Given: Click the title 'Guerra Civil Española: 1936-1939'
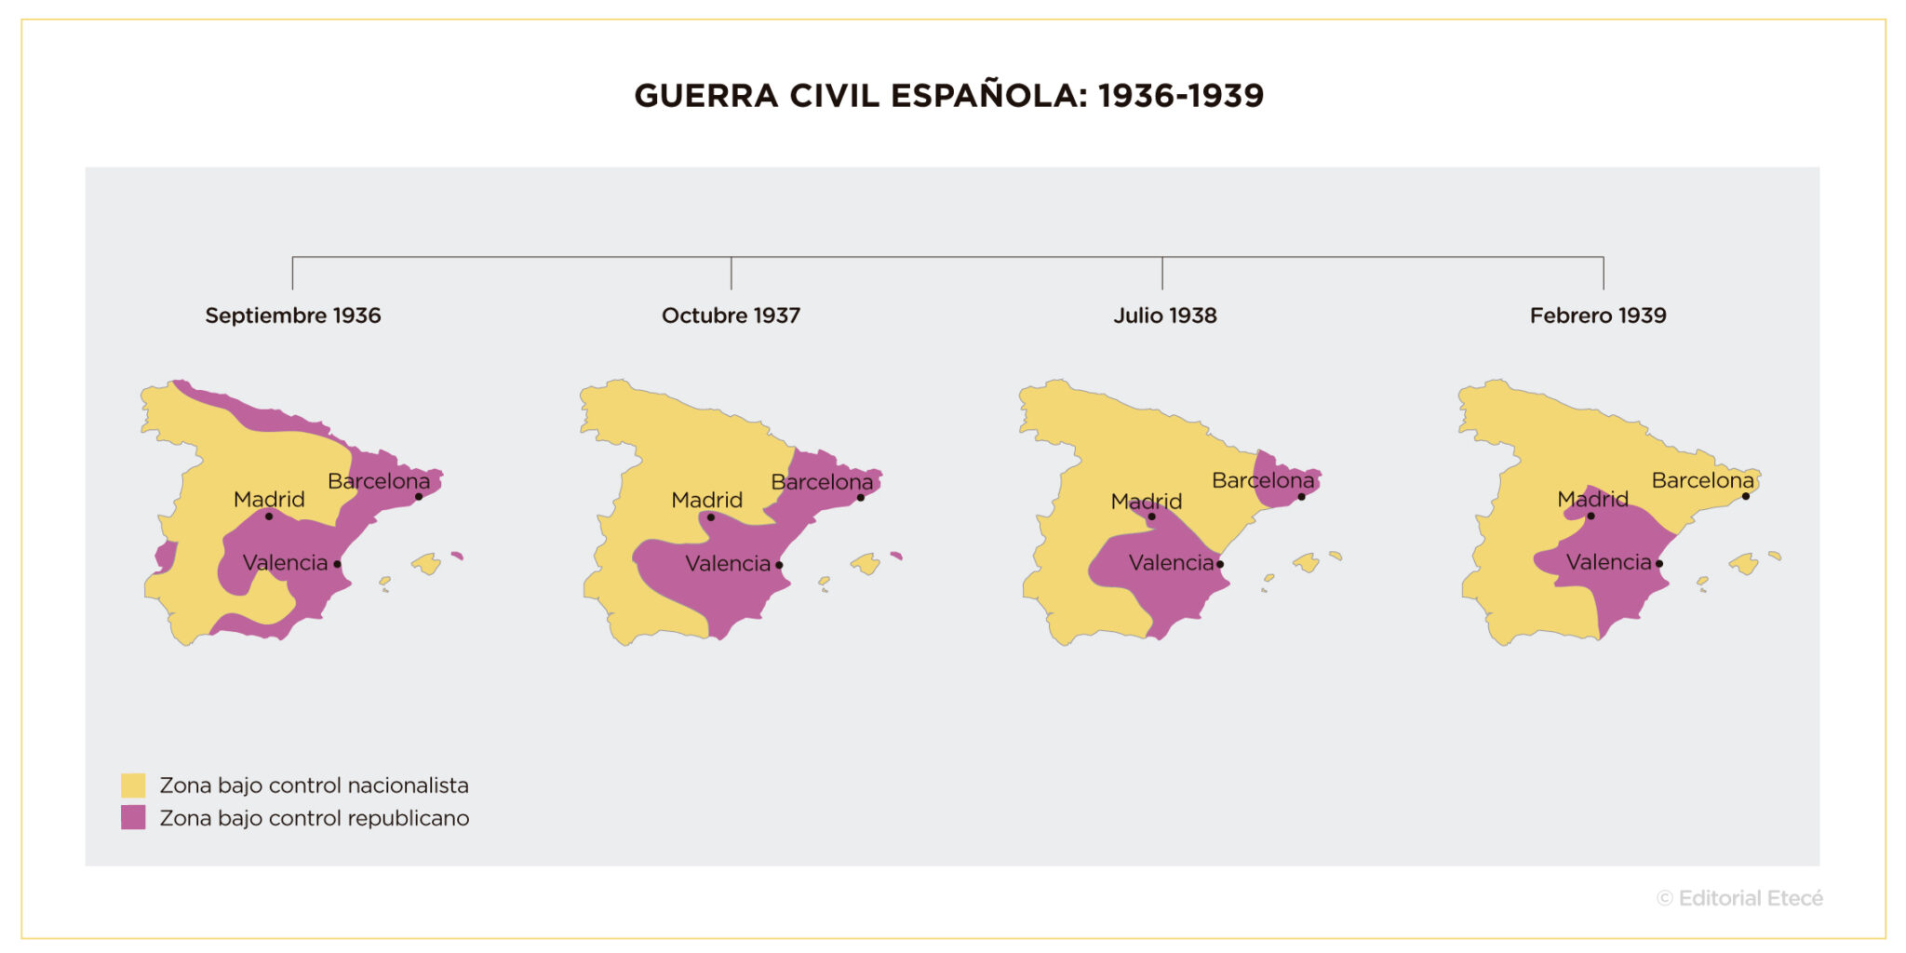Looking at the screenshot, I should [x=948, y=96].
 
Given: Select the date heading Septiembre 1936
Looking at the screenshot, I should [x=293, y=315].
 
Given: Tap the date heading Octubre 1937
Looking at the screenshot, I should [x=731, y=315].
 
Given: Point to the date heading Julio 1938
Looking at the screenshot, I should [x=1165, y=315].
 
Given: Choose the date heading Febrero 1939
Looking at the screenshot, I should [x=1598, y=315].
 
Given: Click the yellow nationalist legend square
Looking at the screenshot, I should [x=133, y=785].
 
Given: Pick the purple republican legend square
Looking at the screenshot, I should [x=133, y=818].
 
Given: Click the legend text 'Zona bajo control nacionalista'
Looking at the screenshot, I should [x=314, y=785].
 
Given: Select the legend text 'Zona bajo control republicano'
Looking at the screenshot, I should [x=315, y=818].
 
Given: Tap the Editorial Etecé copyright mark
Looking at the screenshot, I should [x=1739, y=898].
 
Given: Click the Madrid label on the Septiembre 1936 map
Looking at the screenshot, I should [x=269, y=499].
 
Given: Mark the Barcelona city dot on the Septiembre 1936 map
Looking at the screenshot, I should [x=419, y=497].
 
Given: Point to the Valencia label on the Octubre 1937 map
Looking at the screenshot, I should [x=728, y=563].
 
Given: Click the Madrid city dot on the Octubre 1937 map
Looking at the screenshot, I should [x=711, y=517].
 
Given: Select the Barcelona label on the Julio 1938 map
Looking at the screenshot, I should [x=1263, y=480].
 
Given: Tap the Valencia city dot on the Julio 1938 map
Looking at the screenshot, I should [x=1220, y=564].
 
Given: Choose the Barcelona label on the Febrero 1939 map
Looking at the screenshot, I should [x=1702, y=480].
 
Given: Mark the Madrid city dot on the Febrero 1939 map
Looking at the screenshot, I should [x=1591, y=516].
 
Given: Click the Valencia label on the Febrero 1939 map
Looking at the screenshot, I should [x=1608, y=562].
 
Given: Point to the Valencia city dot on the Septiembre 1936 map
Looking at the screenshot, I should [x=337, y=564].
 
